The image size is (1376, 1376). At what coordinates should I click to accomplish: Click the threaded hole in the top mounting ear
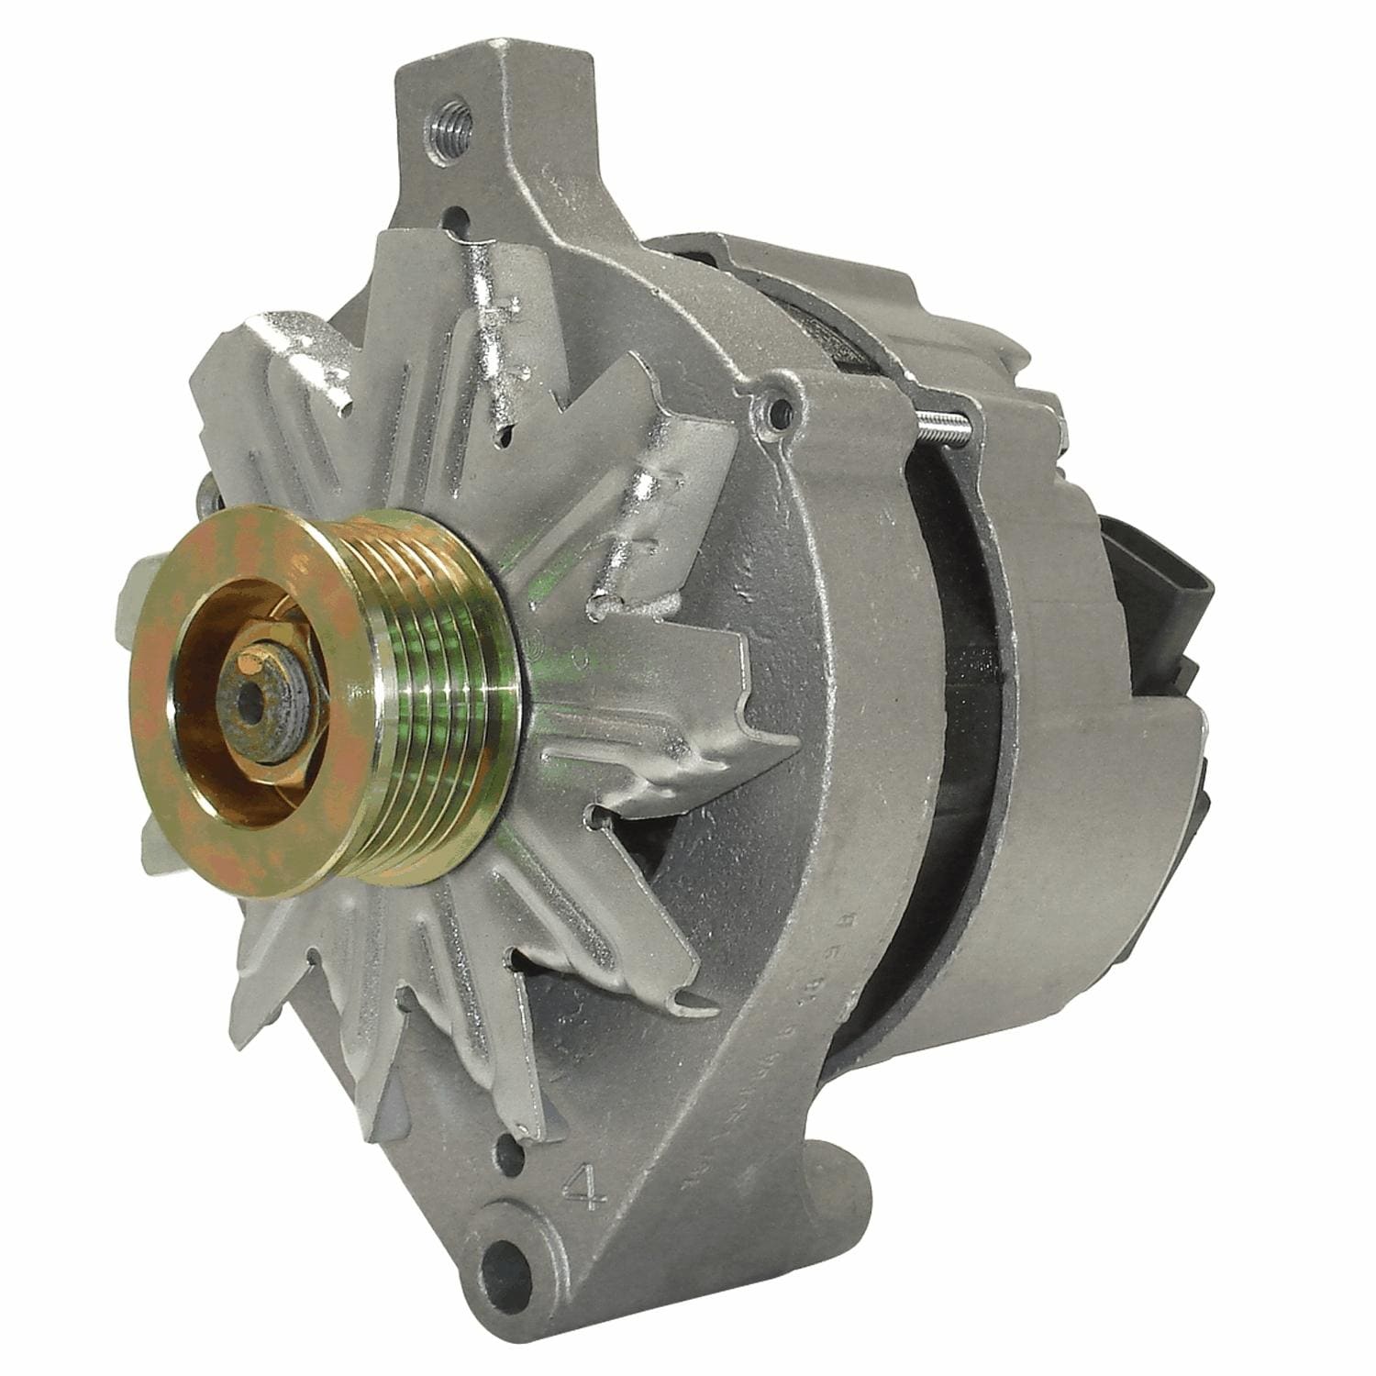tap(449, 128)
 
